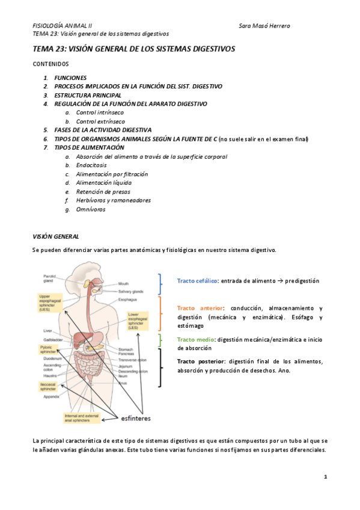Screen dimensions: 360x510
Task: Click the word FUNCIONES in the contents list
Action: coord(70,78)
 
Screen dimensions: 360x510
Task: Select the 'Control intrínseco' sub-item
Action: coord(101,112)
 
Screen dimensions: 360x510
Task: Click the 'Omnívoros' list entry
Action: coord(91,209)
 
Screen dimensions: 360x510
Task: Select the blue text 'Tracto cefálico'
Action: coord(197,281)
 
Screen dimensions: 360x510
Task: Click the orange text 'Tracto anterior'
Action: coord(200,308)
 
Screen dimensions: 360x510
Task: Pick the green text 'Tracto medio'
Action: coord(196,339)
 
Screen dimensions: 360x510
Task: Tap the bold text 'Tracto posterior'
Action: coord(200,361)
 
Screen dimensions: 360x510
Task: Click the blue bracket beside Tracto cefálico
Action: coord(160,283)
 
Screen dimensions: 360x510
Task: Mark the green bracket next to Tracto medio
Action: coord(159,341)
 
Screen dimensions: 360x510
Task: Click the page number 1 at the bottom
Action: coord(325,476)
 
